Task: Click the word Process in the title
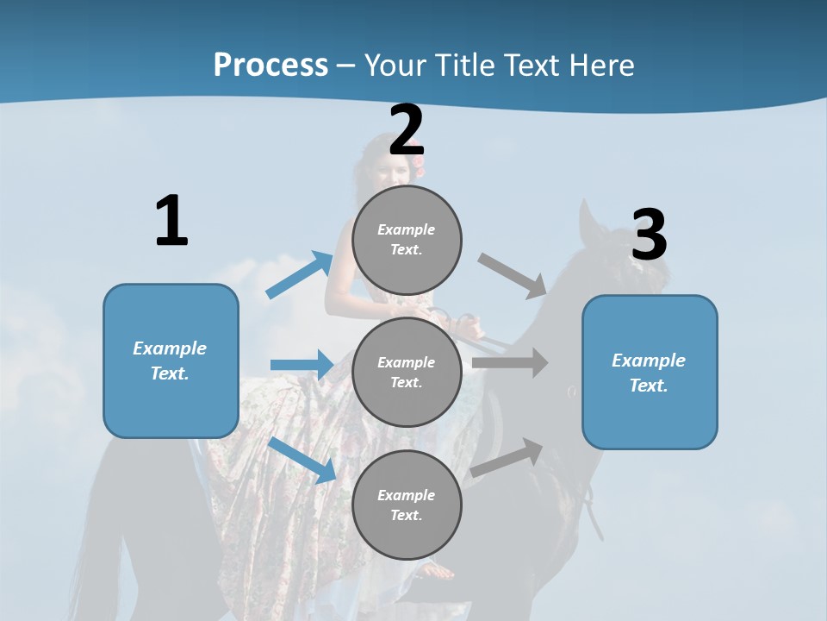pyautogui.click(x=270, y=65)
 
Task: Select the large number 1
pyautogui.click(x=171, y=222)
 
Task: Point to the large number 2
pyautogui.click(x=407, y=131)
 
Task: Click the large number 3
pyautogui.click(x=649, y=235)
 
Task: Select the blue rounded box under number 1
pyautogui.click(x=171, y=361)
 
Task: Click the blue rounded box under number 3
pyautogui.click(x=649, y=372)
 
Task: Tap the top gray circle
pyautogui.click(x=407, y=240)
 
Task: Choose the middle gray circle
pyautogui.click(x=407, y=372)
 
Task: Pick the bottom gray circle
pyautogui.click(x=407, y=505)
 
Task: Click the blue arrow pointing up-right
pyautogui.click(x=300, y=275)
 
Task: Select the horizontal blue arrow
pyautogui.click(x=302, y=365)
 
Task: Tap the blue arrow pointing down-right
pyautogui.click(x=302, y=460)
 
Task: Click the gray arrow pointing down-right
pyautogui.click(x=513, y=275)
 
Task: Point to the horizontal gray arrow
pyautogui.click(x=510, y=363)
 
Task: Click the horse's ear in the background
pyautogui.click(x=589, y=221)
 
